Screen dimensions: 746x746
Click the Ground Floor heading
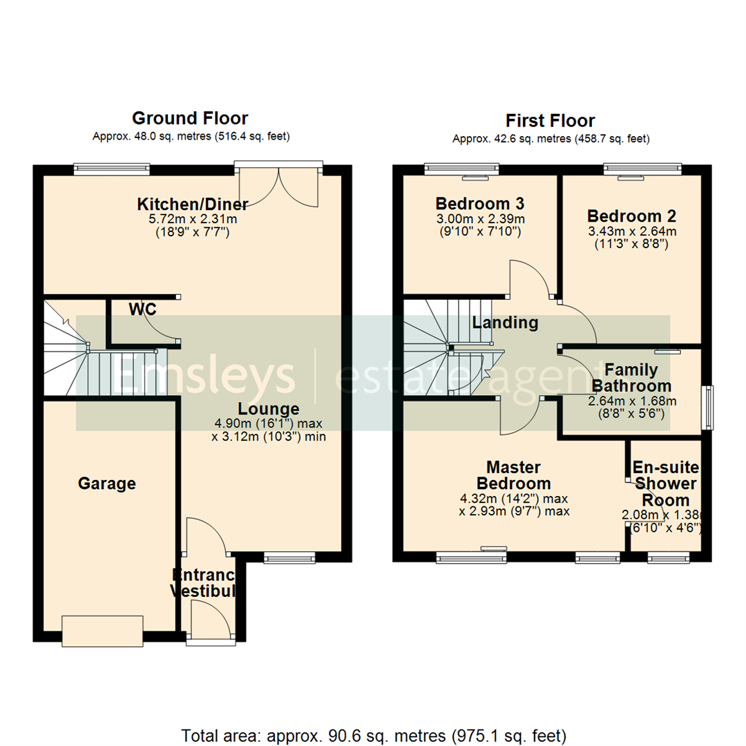[190, 118]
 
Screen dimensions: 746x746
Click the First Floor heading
[550, 121]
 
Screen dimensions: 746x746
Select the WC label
[142, 309]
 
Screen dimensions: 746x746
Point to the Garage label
[106, 484]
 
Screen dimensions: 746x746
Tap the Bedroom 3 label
[479, 204]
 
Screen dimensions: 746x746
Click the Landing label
[505, 322]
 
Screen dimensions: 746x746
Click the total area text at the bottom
[374, 734]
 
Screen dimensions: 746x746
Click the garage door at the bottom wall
[103, 631]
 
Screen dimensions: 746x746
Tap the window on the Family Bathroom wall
[708, 408]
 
